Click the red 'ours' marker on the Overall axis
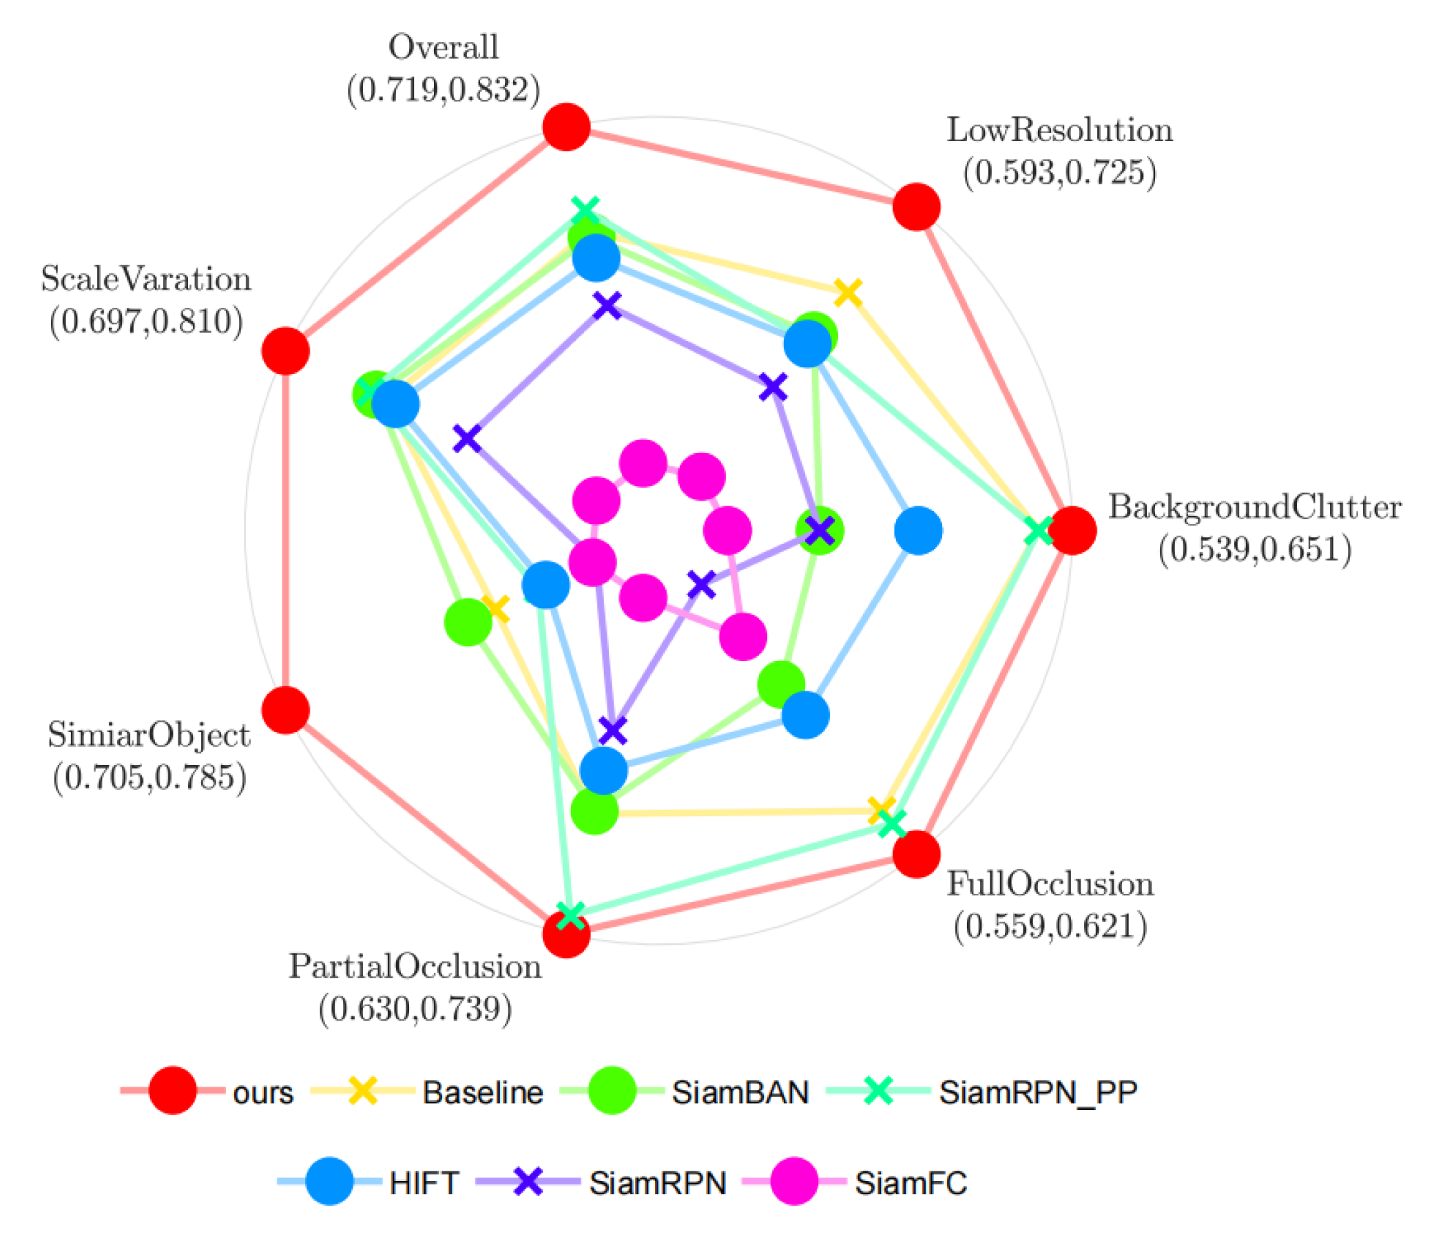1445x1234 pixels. coord(566,127)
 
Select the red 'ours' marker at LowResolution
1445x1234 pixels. coord(916,207)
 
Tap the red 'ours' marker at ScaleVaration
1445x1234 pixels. coord(286,351)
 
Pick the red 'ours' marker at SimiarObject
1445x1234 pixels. coord(286,710)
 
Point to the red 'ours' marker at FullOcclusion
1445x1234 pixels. coord(916,854)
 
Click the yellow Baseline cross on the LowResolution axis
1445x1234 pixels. coord(848,292)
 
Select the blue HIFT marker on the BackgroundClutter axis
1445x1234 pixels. coord(918,530)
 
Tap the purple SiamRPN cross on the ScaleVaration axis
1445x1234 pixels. coord(467,439)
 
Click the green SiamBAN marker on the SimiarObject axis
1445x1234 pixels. coord(468,622)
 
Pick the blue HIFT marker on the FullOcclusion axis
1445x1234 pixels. coord(805,715)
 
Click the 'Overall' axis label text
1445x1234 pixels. coord(444,48)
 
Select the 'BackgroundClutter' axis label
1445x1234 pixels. coord(1255,507)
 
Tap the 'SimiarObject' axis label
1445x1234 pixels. coord(149,735)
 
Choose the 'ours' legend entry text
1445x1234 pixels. coord(263,1091)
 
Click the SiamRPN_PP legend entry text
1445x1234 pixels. coord(1038,1091)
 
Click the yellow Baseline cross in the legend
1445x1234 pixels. coord(363,1090)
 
